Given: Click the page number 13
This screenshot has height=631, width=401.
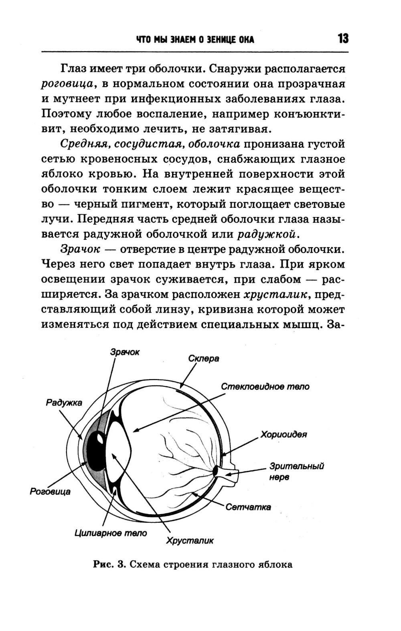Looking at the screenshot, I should pos(343,39).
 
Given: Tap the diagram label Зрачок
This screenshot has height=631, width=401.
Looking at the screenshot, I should pos(125,352).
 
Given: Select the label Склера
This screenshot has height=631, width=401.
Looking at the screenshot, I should pos(204,358).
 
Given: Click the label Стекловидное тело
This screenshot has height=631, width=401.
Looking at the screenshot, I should pos(265,387).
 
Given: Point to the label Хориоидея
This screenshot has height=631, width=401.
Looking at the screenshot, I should pos(284,434).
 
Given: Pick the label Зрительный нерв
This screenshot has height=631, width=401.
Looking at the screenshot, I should pos(297,472).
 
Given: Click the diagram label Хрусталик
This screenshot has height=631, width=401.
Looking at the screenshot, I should pos(190,541).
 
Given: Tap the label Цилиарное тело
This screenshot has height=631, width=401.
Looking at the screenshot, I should pos(111,533).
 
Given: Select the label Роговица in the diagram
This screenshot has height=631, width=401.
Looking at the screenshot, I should pos(50,491).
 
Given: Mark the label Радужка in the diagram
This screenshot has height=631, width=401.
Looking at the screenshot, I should pos(64,402).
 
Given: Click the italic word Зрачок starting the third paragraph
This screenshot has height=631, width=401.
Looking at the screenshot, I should pos(80,249).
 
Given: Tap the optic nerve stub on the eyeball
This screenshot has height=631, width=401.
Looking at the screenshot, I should pos(230,472).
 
